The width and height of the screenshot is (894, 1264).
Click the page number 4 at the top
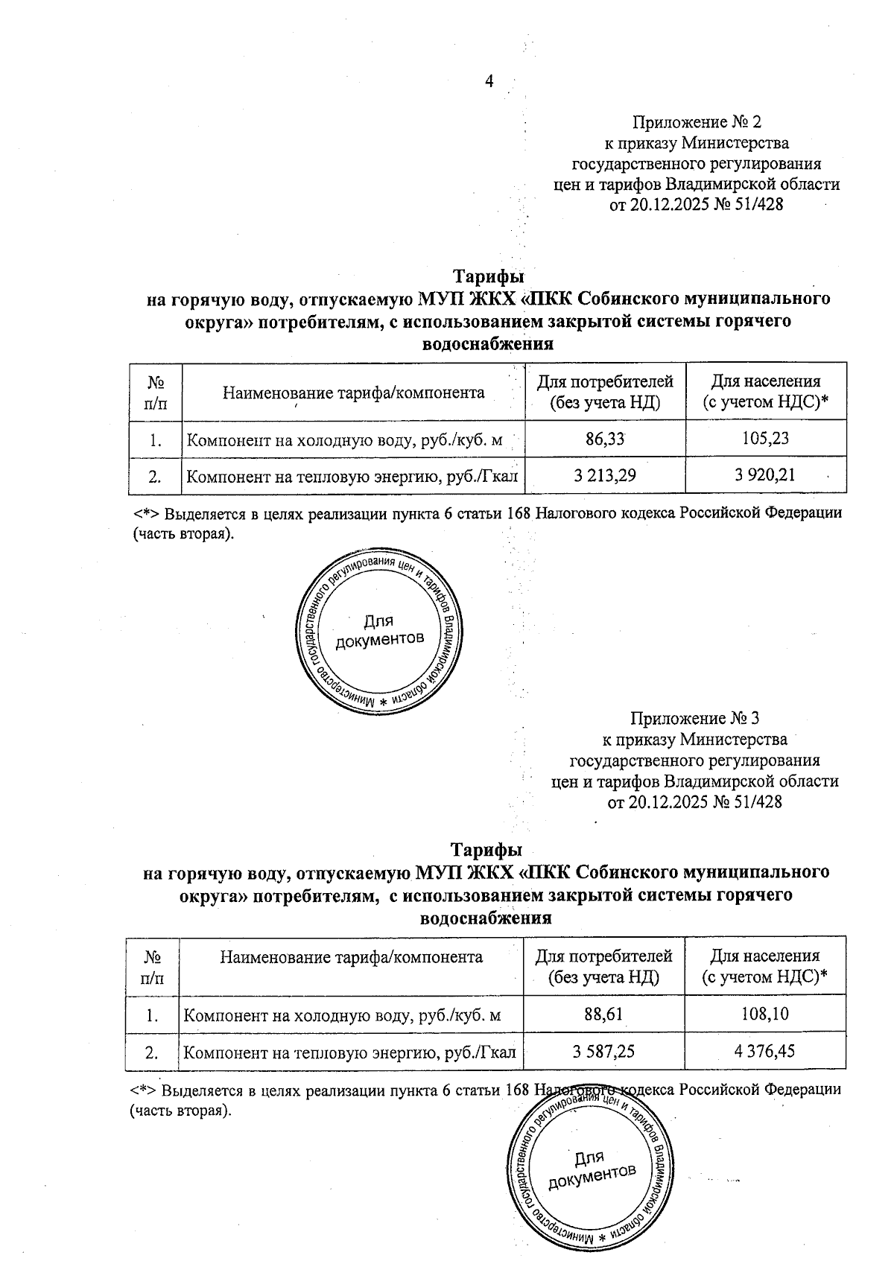click(x=489, y=81)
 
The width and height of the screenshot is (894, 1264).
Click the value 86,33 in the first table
click(x=605, y=439)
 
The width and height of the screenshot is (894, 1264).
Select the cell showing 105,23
click(x=765, y=439)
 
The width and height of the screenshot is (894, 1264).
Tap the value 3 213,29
click(x=605, y=474)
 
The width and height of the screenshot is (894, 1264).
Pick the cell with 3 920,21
click(x=765, y=474)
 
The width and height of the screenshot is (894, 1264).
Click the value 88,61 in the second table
click(x=603, y=1014)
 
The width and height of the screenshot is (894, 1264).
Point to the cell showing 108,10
click(x=764, y=1014)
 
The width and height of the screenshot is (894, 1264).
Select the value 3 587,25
click(x=603, y=1052)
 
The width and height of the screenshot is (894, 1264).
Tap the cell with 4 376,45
click(x=764, y=1052)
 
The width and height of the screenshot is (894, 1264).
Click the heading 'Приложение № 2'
click(x=697, y=121)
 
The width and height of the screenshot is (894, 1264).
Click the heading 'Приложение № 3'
click(x=694, y=718)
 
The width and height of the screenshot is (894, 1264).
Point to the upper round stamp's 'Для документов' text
click(x=379, y=630)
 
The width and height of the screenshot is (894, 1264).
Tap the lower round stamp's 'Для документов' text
click(x=591, y=1166)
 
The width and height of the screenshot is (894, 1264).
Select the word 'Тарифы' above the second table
click(x=486, y=850)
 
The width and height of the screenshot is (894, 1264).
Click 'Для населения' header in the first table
click(x=765, y=382)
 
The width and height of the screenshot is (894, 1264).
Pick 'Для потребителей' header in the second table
click(x=603, y=956)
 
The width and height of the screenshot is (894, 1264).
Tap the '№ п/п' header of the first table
click(x=155, y=392)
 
